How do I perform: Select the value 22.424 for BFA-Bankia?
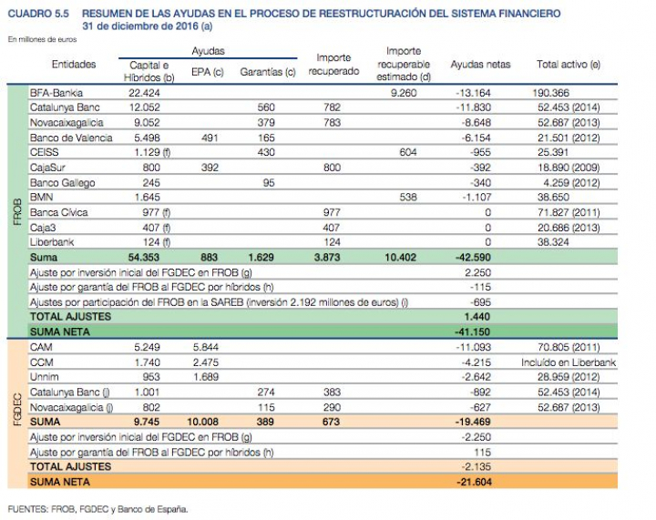(144, 94)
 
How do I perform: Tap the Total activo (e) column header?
(568, 65)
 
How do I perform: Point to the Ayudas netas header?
(480, 65)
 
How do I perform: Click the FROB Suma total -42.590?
(472, 258)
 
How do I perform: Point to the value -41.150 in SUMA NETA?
(474, 332)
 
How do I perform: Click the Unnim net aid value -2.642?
(475, 376)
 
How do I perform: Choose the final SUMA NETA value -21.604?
(474, 481)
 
